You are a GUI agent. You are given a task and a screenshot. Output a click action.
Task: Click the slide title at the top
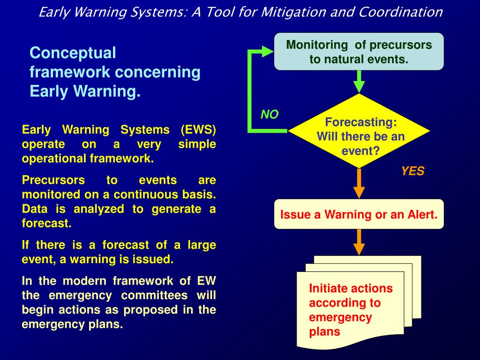(240, 12)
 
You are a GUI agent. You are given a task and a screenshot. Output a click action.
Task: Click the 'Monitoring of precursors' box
(359, 52)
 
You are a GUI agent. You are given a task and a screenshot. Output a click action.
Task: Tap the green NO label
(270, 115)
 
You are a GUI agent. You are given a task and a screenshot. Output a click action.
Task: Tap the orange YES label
(412, 172)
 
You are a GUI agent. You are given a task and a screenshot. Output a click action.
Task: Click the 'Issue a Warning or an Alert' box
(359, 215)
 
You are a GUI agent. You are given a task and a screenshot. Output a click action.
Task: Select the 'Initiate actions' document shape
(351, 309)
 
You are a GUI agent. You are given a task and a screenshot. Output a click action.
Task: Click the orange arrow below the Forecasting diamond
(359, 184)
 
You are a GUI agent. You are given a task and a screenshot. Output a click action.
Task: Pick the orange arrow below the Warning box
(359, 242)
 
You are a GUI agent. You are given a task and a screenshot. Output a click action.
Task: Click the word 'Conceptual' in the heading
(73, 53)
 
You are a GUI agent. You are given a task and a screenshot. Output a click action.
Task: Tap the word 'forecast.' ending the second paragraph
(46, 224)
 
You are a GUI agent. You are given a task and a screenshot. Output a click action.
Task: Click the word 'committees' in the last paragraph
(154, 295)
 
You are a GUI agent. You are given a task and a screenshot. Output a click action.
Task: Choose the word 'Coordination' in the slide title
(401, 12)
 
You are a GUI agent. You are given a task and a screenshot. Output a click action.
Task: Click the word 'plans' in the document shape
(324, 332)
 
